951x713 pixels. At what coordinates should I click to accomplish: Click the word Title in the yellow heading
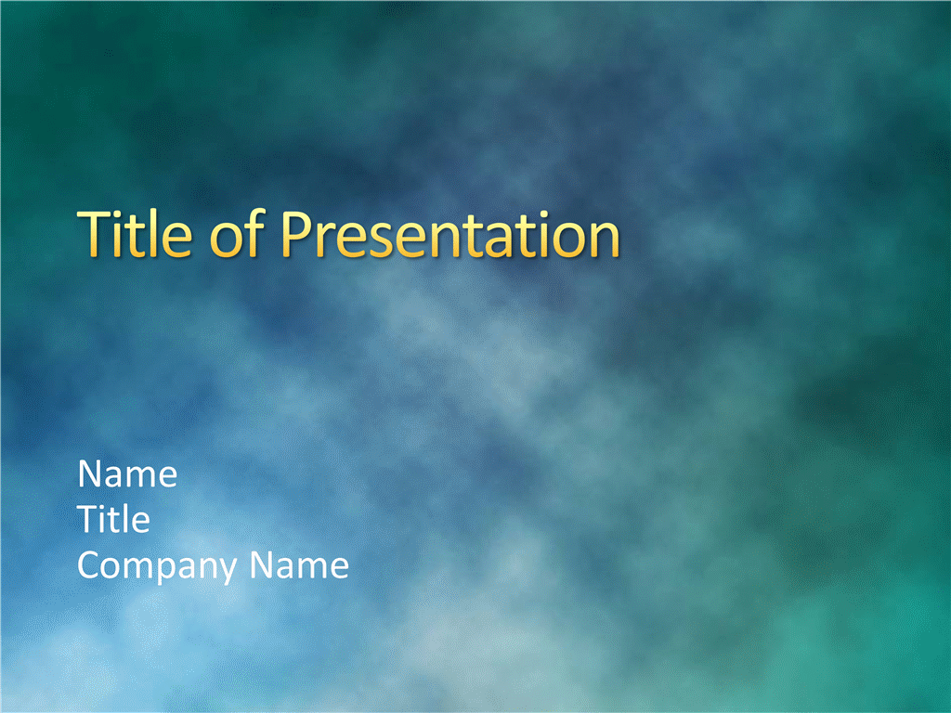(x=135, y=234)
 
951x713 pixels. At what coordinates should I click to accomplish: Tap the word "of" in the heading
(x=237, y=233)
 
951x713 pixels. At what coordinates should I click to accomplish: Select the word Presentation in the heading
(x=450, y=234)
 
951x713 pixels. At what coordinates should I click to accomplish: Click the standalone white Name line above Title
(x=127, y=473)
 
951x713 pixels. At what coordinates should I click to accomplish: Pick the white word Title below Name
(x=113, y=519)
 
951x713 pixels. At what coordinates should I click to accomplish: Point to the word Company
(x=157, y=567)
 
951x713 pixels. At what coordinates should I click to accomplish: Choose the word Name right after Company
(x=300, y=565)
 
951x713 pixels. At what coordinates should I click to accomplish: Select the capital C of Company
(x=90, y=565)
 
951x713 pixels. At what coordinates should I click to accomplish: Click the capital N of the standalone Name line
(x=90, y=473)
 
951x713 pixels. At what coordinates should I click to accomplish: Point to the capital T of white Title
(x=89, y=519)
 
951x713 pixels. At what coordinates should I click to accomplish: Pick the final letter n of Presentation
(x=605, y=240)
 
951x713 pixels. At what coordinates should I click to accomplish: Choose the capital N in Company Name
(x=262, y=565)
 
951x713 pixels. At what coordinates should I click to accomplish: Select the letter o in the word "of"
(x=227, y=240)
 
